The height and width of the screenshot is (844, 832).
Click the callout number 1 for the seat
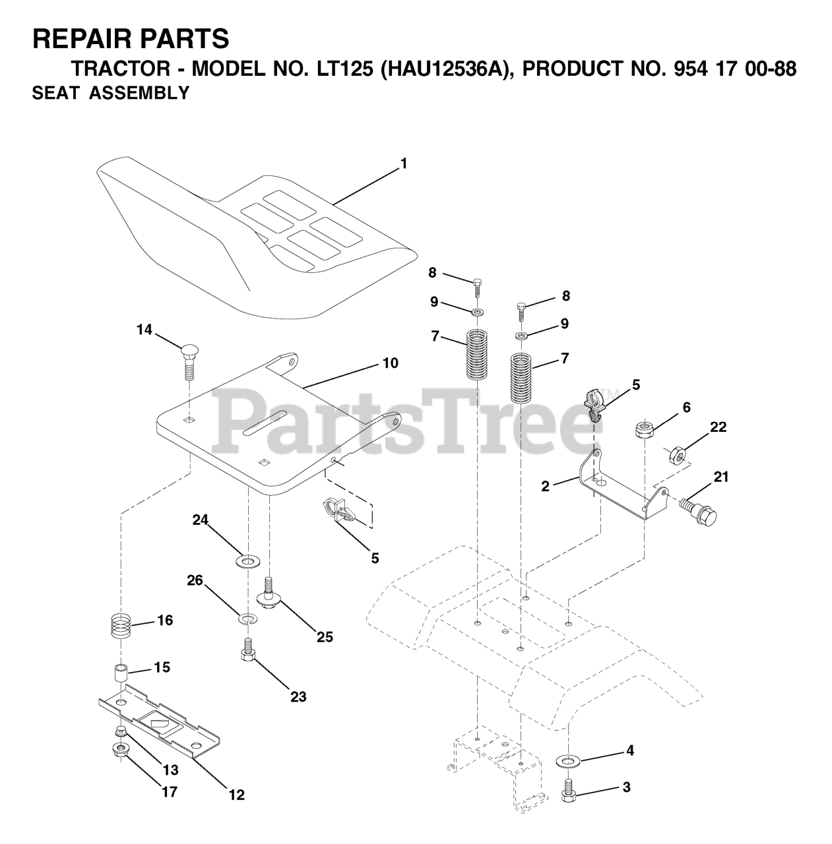(x=403, y=164)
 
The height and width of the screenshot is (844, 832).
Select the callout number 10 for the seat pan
(x=390, y=363)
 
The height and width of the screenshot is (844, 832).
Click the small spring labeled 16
(x=123, y=624)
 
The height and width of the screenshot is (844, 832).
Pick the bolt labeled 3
(x=568, y=791)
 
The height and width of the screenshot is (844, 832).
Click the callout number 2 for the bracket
(x=545, y=487)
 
